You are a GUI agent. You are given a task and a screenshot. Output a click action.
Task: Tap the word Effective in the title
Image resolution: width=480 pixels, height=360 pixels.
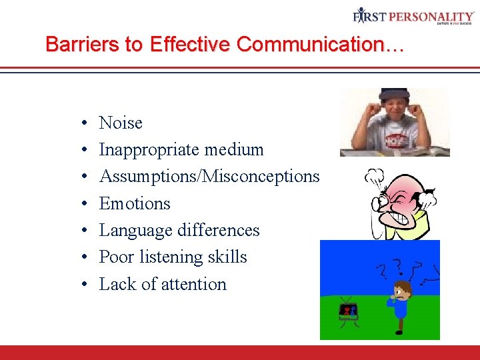189,44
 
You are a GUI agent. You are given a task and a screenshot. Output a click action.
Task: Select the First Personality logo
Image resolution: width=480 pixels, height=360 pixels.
414,16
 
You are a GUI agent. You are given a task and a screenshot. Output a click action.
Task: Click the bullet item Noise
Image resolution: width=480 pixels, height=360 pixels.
121,123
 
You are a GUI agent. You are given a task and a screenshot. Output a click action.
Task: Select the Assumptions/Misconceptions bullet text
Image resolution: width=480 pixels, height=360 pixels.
209,177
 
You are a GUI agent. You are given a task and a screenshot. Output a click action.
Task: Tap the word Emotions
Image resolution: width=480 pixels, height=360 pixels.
135,203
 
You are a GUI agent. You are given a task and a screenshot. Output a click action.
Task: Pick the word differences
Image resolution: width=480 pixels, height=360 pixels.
219,231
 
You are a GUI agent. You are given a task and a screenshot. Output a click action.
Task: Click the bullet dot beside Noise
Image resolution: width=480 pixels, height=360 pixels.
86,124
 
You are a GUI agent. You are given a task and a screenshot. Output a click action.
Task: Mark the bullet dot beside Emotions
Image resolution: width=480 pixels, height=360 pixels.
86,205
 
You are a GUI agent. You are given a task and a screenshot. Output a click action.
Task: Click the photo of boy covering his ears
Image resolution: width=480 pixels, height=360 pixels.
394,123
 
